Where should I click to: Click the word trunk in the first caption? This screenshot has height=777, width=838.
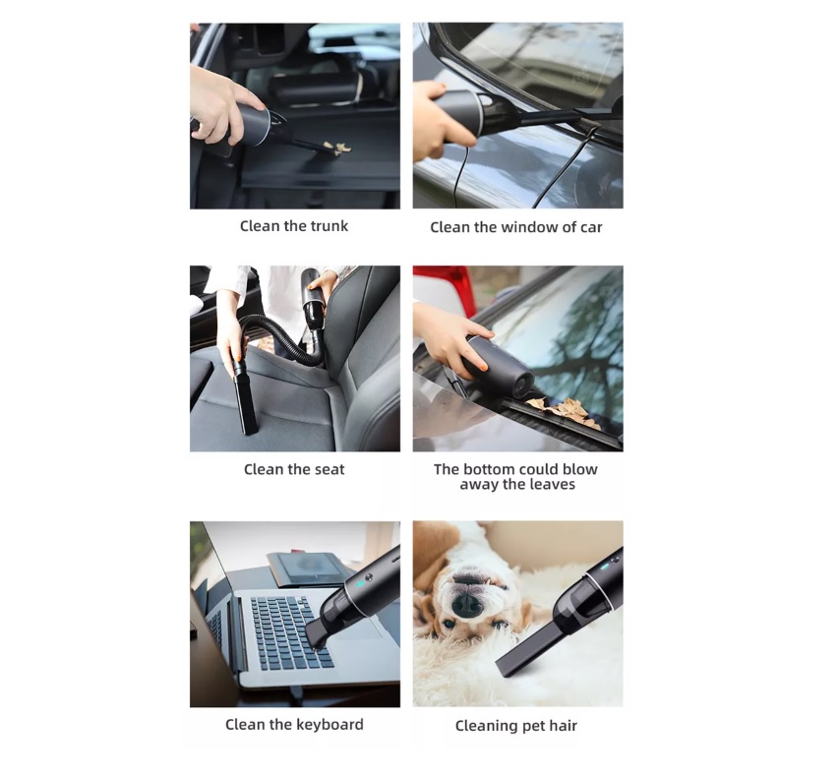tap(328, 226)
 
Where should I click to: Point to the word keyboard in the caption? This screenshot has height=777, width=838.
tap(329, 725)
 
